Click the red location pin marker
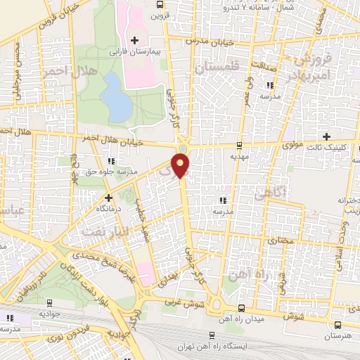coord(182,167)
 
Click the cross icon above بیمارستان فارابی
coord(134,40)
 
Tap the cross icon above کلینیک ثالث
coord(326,136)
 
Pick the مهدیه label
coord(240,157)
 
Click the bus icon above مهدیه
coord(240,146)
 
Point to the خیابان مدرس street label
coord(205,40)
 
